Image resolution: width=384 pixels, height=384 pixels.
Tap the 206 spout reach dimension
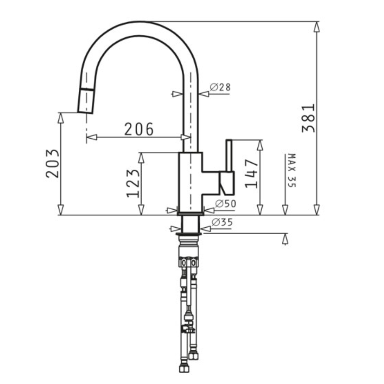click(139, 129)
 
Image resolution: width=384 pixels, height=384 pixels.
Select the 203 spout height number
click(53, 163)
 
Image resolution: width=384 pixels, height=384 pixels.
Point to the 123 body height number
click(133, 183)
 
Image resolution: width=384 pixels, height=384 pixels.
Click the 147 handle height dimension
click(252, 174)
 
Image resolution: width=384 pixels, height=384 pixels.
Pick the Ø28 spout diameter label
click(220, 88)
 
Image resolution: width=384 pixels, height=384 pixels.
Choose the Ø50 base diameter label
click(225, 204)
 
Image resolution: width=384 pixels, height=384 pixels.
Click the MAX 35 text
click(291, 170)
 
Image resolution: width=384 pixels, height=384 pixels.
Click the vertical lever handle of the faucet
click(229, 156)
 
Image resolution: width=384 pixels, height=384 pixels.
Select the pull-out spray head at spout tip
click(86, 101)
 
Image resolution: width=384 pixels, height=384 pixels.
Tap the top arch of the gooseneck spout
click(140, 29)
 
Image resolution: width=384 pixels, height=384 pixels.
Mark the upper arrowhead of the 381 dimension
click(316, 26)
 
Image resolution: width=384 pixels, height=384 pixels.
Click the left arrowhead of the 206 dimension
click(91, 137)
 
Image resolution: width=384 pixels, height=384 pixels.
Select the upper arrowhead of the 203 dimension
click(60, 118)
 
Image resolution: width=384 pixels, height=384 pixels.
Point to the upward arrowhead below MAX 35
click(285, 239)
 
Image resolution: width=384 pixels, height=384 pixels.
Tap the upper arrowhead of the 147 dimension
click(260, 145)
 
